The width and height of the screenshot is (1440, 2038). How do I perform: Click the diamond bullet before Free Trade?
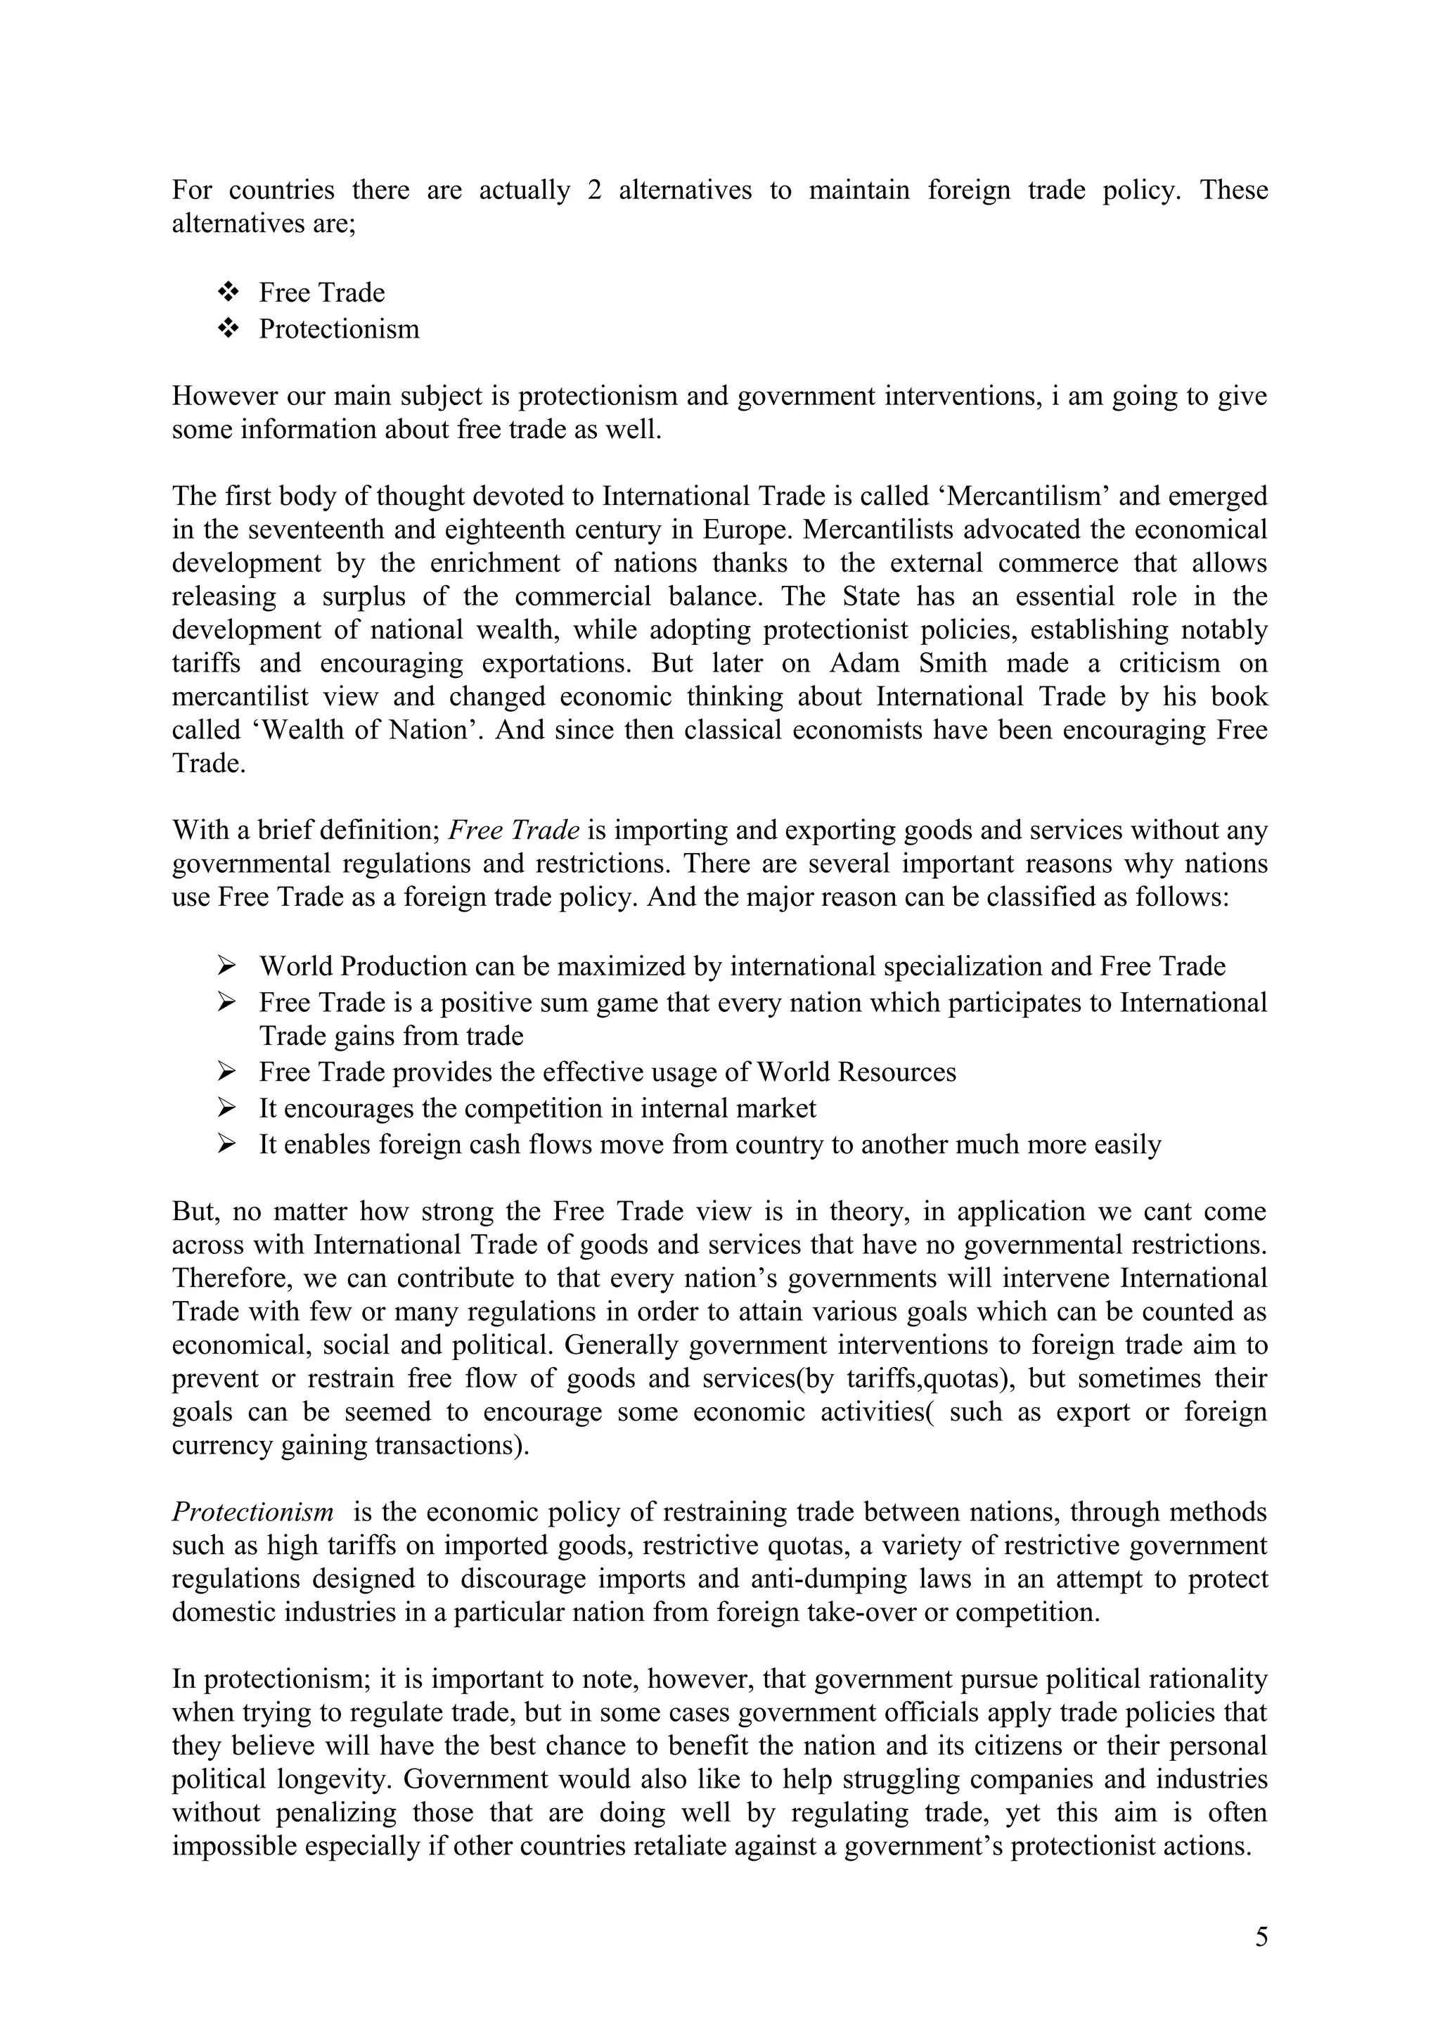(229, 291)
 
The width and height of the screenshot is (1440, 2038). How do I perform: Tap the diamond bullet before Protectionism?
(229, 328)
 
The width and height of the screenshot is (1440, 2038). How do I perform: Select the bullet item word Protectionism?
(339, 329)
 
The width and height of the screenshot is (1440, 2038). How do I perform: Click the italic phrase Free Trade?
(515, 830)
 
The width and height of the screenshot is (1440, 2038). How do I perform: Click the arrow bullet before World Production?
(226, 965)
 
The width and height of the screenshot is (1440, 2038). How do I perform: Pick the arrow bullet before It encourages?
(226, 1108)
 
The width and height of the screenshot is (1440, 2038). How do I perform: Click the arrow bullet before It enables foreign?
(226, 1144)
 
